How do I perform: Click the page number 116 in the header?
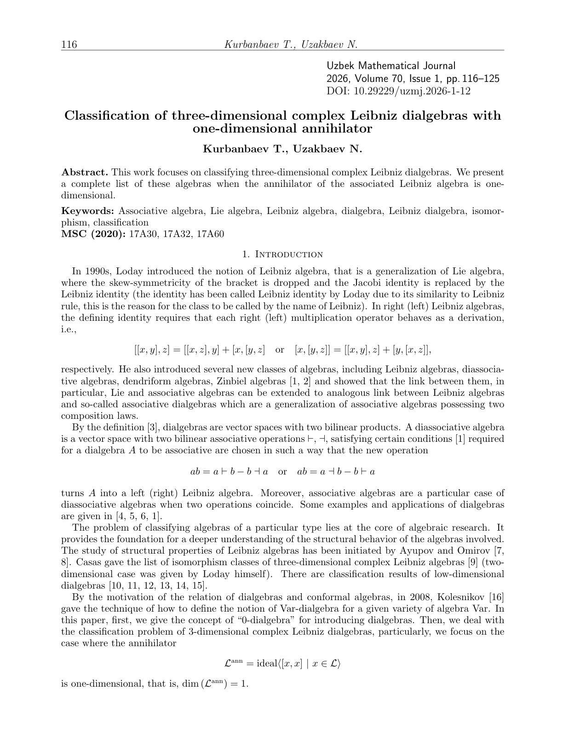coord(69,45)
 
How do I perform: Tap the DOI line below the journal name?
coord(398,91)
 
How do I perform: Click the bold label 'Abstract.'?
coord(85,173)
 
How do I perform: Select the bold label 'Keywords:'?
coord(88,211)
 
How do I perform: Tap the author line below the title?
coord(282,149)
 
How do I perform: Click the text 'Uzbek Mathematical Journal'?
coord(391,66)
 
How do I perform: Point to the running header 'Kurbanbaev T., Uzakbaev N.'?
coord(291,45)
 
